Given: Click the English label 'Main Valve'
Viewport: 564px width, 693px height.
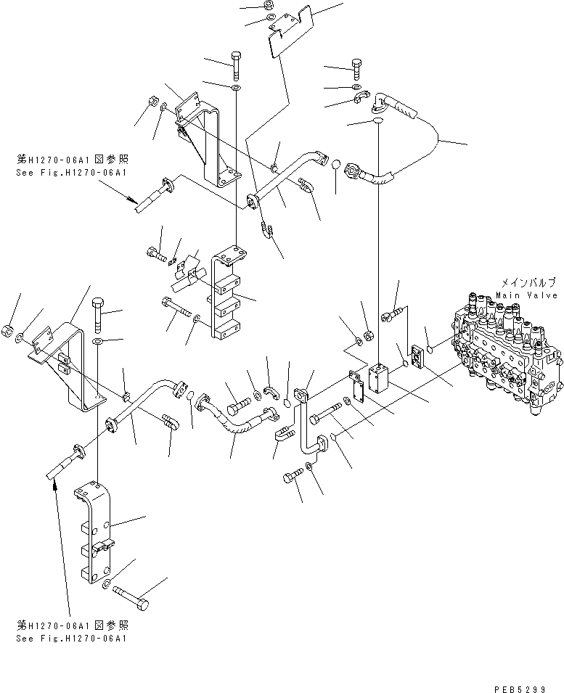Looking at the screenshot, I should [x=527, y=295].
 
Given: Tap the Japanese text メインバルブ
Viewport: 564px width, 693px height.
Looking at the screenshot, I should [x=528, y=282].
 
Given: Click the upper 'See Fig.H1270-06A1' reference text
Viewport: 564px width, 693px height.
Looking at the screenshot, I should [x=71, y=173].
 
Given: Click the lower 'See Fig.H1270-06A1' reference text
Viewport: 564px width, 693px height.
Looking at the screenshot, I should [x=71, y=638].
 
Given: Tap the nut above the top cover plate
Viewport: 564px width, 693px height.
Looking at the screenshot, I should [x=269, y=4].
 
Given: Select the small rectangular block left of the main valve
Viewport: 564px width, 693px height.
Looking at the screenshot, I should [x=379, y=378].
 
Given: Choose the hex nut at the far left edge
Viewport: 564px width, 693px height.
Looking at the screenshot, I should [x=7, y=330].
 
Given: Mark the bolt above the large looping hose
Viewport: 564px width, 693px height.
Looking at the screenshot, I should [x=358, y=69].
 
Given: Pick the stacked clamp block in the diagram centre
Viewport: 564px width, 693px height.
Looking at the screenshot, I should [x=226, y=294].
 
